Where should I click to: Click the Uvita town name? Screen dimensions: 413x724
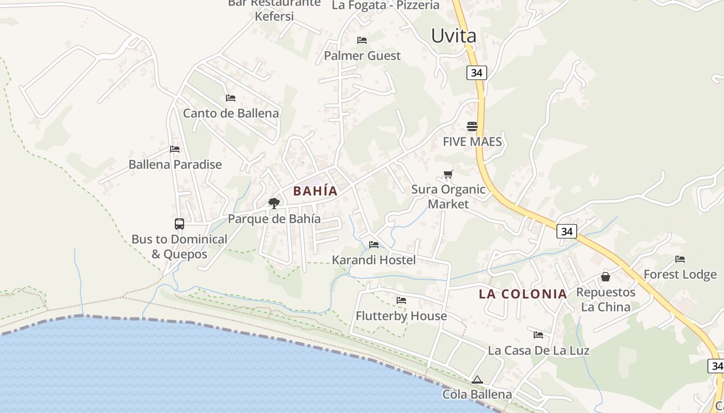pyautogui.click(x=454, y=36)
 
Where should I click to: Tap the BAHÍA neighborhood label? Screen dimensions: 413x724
pyautogui.click(x=315, y=191)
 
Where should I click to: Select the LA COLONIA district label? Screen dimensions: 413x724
pyautogui.click(x=523, y=294)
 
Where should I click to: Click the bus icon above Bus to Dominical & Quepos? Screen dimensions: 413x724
pyautogui.click(x=179, y=224)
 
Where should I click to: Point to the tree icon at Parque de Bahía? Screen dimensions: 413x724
pyautogui.click(x=274, y=203)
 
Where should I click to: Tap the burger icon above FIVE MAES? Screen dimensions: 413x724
pyautogui.click(x=472, y=126)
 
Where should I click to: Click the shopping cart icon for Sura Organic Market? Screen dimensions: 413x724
pyautogui.click(x=448, y=174)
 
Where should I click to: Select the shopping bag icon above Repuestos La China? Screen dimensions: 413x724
pyautogui.click(x=605, y=277)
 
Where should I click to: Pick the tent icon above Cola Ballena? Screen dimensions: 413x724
pyautogui.click(x=477, y=380)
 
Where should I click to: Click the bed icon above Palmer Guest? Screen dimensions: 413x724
pyautogui.click(x=362, y=40)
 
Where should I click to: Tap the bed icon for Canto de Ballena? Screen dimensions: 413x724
pyautogui.click(x=231, y=98)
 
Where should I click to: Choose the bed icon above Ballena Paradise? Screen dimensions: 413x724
pyautogui.click(x=175, y=150)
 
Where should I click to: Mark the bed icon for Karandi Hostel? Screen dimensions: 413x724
pyautogui.click(x=373, y=245)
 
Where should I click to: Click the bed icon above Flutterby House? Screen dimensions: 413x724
pyautogui.click(x=401, y=300)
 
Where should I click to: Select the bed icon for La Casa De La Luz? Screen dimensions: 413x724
pyautogui.click(x=538, y=335)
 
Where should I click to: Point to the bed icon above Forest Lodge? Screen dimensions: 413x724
pyautogui.click(x=680, y=259)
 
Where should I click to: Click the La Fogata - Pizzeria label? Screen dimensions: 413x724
pyautogui.click(x=385, y=5)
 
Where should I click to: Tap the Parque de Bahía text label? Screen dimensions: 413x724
pyautogui.click(x=274, y=219)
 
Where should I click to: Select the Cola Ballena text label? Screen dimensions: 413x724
pyautogui.click(x=477, y=395)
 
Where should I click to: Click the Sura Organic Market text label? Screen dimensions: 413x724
pyautogui.click(x=448, y=197)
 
